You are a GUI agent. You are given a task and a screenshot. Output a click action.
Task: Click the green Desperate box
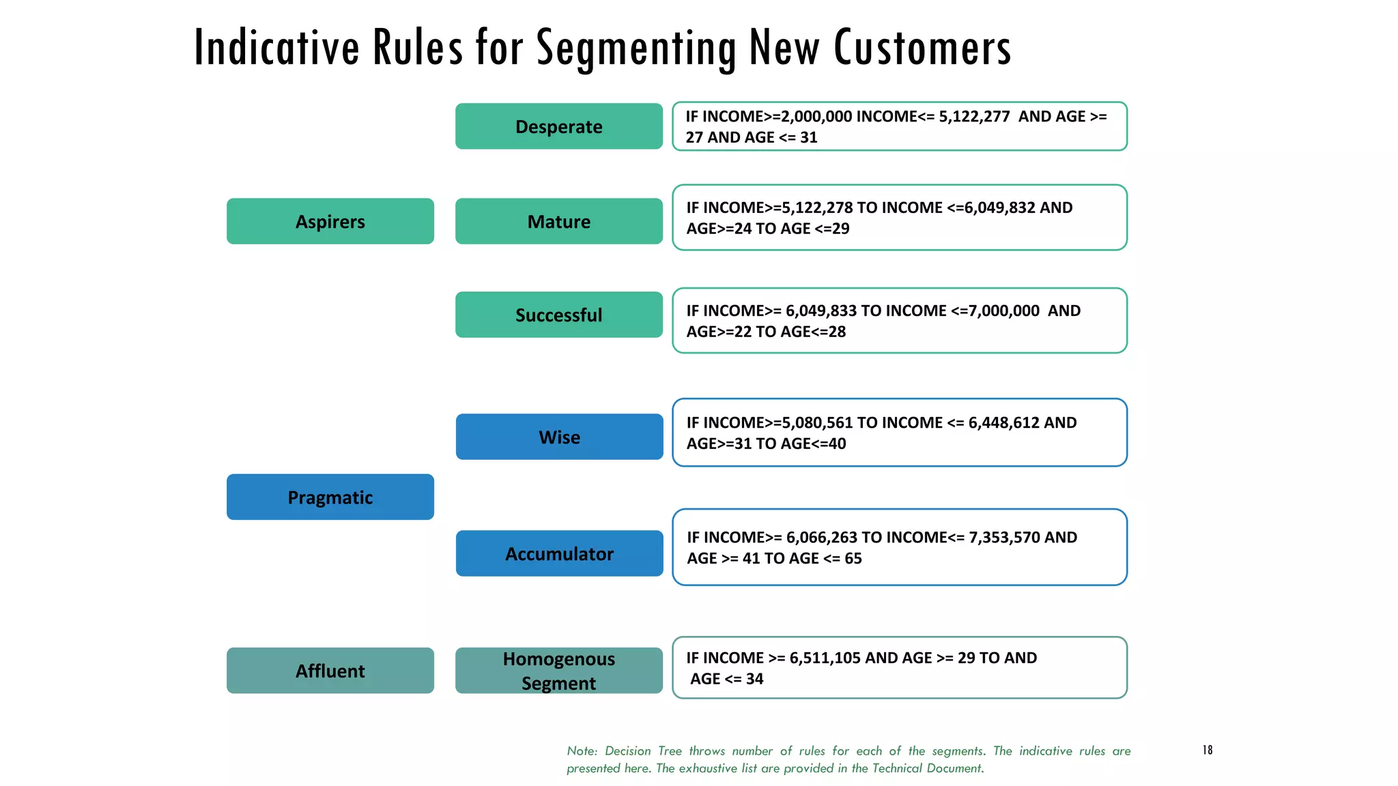click(558, 126)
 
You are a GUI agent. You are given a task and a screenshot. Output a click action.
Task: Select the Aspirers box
click(330, 221)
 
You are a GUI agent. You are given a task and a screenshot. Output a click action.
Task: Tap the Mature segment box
click(558, 221)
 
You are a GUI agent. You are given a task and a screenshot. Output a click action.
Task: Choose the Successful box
click(558, 315)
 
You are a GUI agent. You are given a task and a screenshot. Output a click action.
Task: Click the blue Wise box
click(559, 437)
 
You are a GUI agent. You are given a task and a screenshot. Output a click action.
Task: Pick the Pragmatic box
click(330, 497)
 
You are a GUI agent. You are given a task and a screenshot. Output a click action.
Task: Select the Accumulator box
click(559, 553)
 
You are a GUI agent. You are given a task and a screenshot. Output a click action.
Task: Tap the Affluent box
click(330, 671)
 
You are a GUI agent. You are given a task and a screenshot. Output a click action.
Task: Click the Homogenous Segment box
click(558, 671)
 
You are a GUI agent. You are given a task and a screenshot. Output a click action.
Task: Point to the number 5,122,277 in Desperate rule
click(974, 117)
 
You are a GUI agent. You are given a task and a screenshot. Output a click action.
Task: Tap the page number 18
click(1207, 750)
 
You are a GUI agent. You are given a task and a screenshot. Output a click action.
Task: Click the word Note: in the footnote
click(582, 751)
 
